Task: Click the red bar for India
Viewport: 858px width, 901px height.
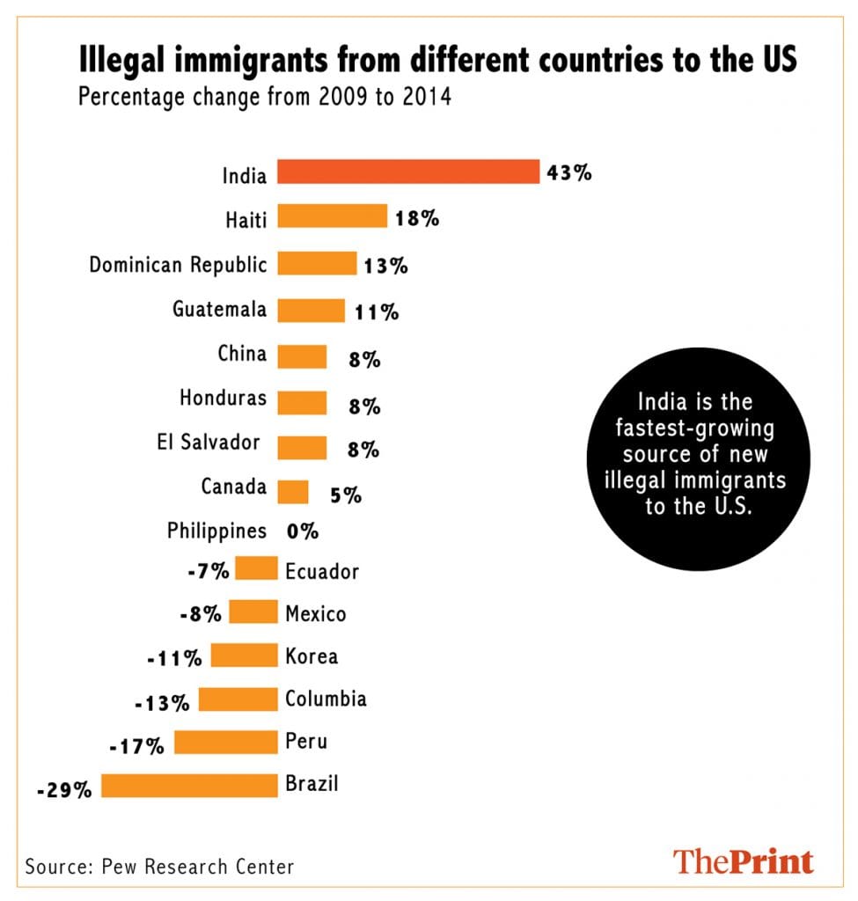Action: click(x=408, y=172)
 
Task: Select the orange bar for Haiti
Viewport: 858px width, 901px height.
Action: click(x=333, y=216)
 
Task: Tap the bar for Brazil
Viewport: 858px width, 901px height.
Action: click(x=189, y=786)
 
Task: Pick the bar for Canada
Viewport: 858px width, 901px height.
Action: click(x=293, y=492)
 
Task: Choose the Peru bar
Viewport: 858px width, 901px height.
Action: click(x=226, y=743)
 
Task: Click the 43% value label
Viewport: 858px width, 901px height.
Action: click(x=568, y=172)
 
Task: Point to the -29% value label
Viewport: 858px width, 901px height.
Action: click(x=64, y=790)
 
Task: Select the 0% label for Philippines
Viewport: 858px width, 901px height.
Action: click(x=302, y=531)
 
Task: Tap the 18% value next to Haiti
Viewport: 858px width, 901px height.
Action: click(x=416, y=218)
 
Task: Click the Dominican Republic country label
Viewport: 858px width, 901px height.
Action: click(x=178, y=264)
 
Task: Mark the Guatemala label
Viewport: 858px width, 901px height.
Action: click(x=219, y=309)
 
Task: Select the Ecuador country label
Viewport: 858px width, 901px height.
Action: click(x=322, y=572)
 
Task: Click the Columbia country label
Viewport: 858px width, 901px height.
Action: click(x=326, y=700)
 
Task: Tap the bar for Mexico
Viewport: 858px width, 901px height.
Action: click(x=253, y=612)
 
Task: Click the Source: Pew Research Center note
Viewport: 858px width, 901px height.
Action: click(x=159, y=866)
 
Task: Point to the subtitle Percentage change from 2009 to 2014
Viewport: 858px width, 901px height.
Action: click(x=265, y=96)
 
